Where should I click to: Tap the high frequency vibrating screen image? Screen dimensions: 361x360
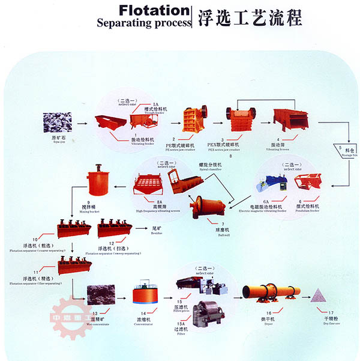(148, 183)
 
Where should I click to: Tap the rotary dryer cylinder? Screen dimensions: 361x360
(271, 293)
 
